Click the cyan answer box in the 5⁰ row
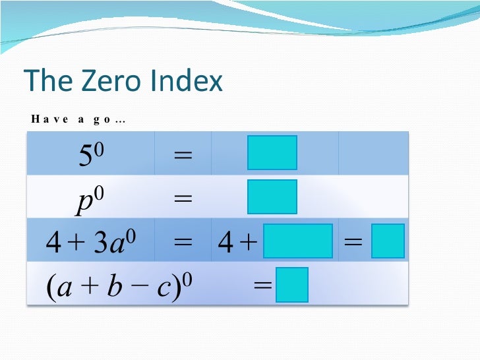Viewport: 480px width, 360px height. coord(272,153)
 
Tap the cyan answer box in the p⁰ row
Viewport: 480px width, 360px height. coord(272,196)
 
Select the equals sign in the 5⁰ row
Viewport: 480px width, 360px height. coord(183,156)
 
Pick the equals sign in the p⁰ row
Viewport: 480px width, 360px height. coord(183,199)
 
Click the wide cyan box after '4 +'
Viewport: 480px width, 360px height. coord(297,241)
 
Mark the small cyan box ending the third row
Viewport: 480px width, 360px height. coord(388,241)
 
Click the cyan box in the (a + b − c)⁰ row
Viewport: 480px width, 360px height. coord(292,285)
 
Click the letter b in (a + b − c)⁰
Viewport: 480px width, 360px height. coord(115,288)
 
